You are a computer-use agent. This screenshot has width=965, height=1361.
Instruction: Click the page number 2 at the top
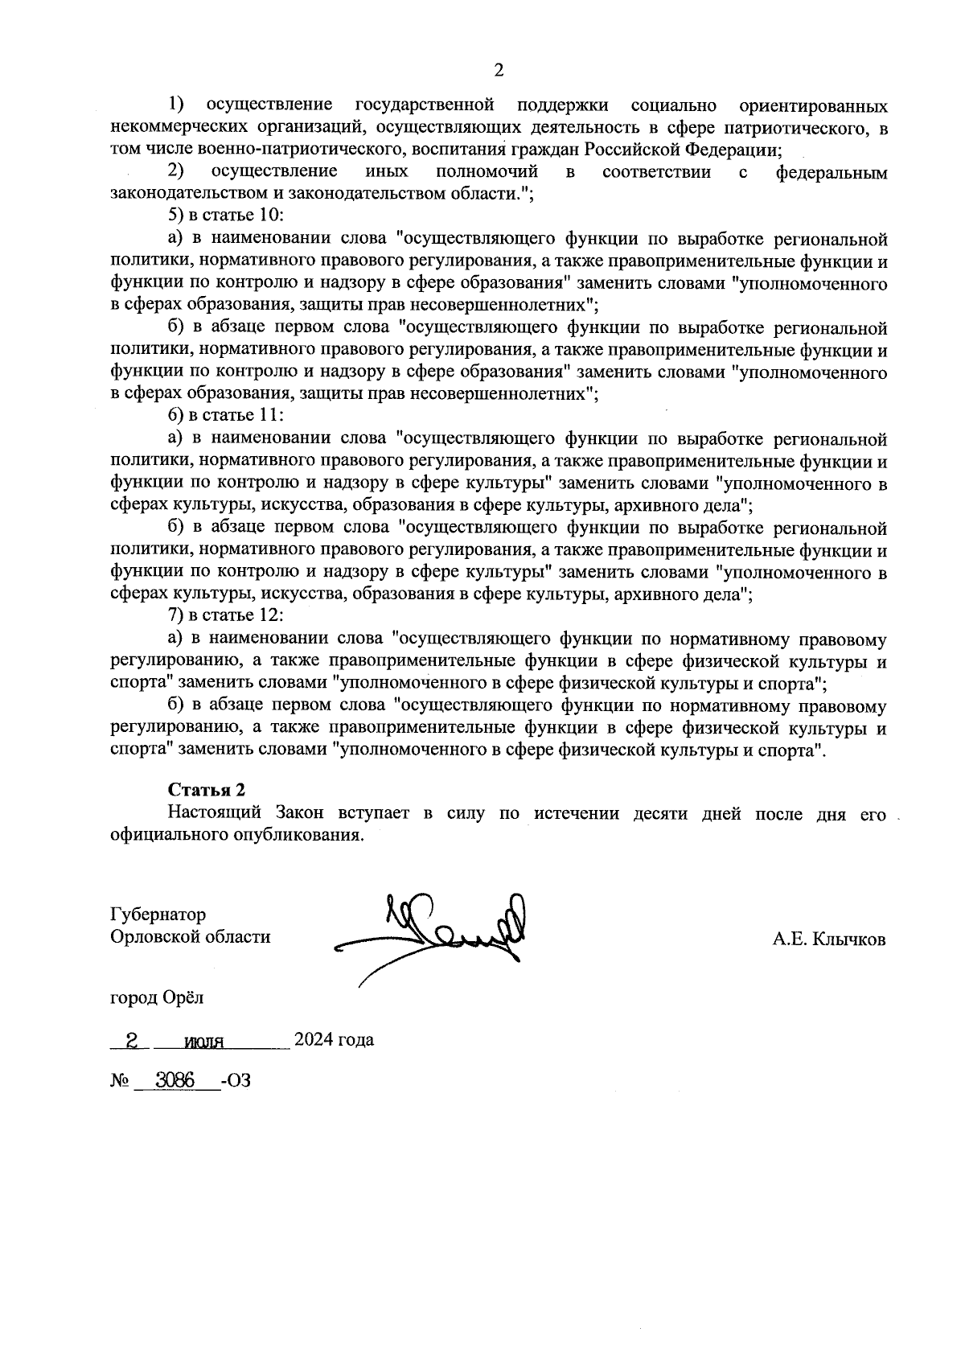(x=498, y=71)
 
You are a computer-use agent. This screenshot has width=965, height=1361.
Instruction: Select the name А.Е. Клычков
(x=829, y=939)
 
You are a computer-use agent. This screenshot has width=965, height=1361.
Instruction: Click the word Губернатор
(x=158, y=915)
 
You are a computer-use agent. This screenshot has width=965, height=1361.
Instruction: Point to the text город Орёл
(x=157, y=998)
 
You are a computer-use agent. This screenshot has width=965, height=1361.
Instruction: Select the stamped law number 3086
(x=175, y=1081)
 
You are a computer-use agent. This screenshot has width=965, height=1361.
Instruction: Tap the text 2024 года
(x=334, y=1040)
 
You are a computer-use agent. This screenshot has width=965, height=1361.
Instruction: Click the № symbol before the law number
(x=120, y=1081)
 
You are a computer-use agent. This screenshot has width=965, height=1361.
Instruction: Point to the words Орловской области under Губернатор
(x=190, y=937)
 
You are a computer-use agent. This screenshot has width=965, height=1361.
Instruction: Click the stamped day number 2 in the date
(x=131, y=1041)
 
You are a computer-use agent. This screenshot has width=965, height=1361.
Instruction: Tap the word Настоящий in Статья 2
(x=213, y=813)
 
